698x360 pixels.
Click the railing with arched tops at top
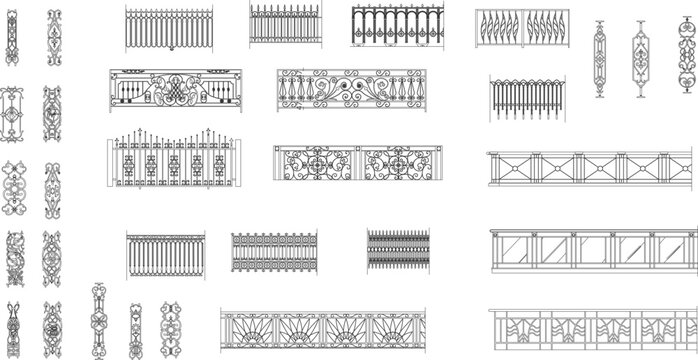[x=398, y=30]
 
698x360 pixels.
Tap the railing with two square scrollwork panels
[x=355, y=165]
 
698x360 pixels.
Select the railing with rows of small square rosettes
[x=274, y=252]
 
